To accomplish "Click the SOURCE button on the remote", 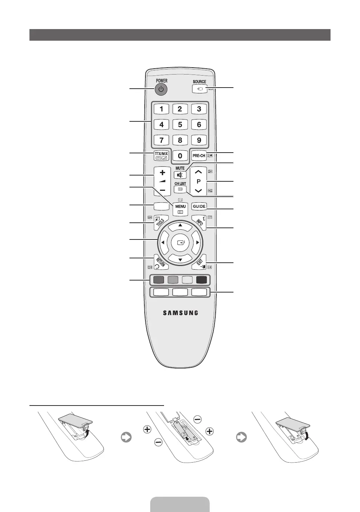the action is point(199,89).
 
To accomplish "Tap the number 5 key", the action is point(180,124).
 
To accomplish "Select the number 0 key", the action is point(180,156).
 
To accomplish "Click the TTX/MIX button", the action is point(161,156).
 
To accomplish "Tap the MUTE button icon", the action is point(180,175).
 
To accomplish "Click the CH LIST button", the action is point(180,189).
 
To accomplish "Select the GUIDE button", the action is point(199,206).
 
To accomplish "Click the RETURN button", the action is point(161,262).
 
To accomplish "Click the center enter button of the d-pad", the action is point(180,242).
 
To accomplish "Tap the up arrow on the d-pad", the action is point(180,225).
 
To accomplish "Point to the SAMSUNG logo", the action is point(180,313).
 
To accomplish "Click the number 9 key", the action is point(199,140).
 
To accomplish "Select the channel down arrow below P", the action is point(198,190).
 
